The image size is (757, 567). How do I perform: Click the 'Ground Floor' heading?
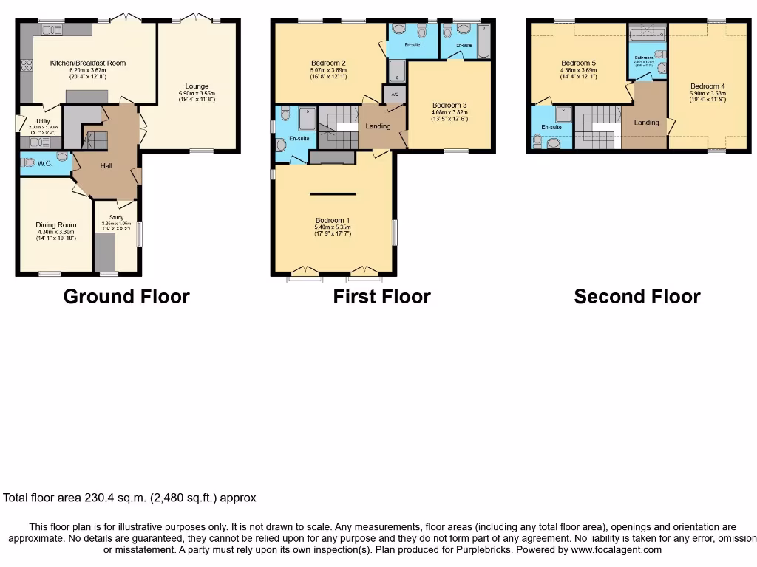tap(126, 297)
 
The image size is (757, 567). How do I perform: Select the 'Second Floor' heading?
tap(637, 297)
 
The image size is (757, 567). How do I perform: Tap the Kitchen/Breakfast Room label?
tap(88, 63)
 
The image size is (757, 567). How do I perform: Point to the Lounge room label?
tap(197, 86)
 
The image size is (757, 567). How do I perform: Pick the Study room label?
tap(115, 218)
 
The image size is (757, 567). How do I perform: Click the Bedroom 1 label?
tap(332, 221)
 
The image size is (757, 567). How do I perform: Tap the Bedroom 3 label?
tap(449, 105)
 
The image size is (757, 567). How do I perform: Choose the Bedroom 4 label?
tap(707, 86)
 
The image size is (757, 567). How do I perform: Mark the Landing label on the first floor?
tap(378, 126)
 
